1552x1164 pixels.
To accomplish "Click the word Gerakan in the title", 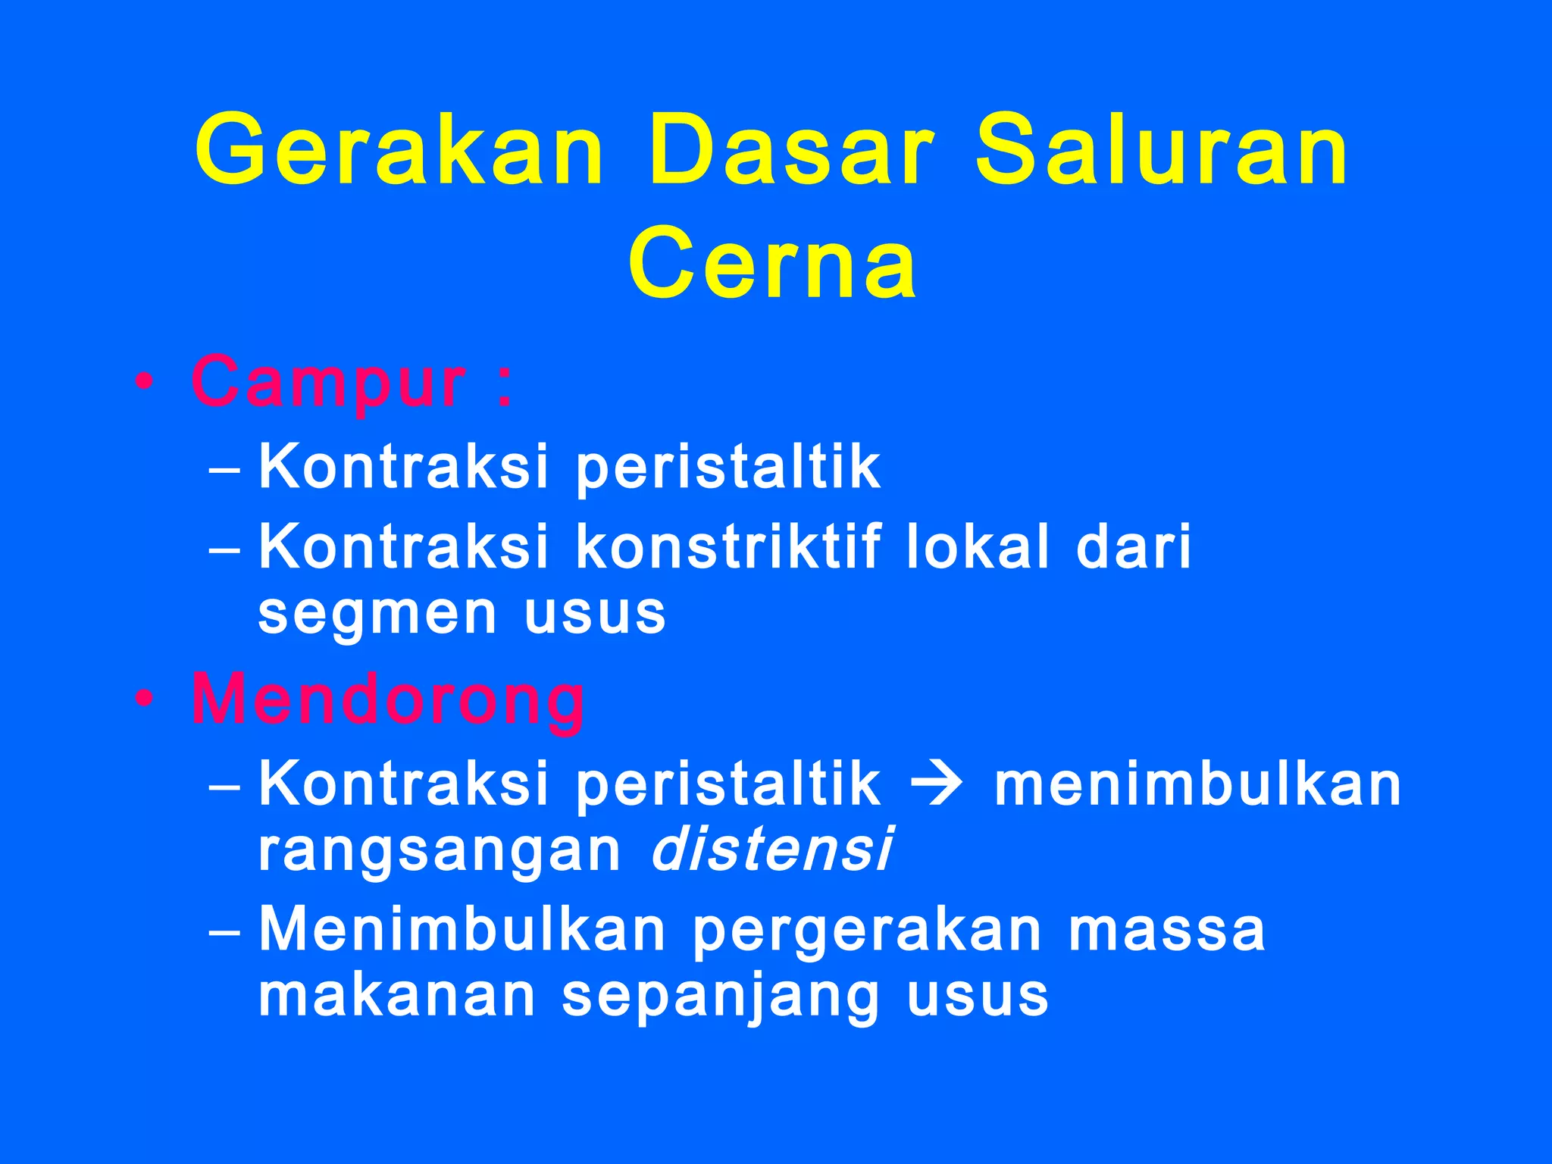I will [399, 149].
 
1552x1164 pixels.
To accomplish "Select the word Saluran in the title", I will [1161, 149].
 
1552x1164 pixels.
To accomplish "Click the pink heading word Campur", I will [328, 383].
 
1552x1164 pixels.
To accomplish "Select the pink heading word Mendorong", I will [388, 701].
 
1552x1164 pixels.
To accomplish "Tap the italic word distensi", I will [772, 850].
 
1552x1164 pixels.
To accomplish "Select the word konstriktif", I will [729, 546].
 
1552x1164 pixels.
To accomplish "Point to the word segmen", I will [377, 614].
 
